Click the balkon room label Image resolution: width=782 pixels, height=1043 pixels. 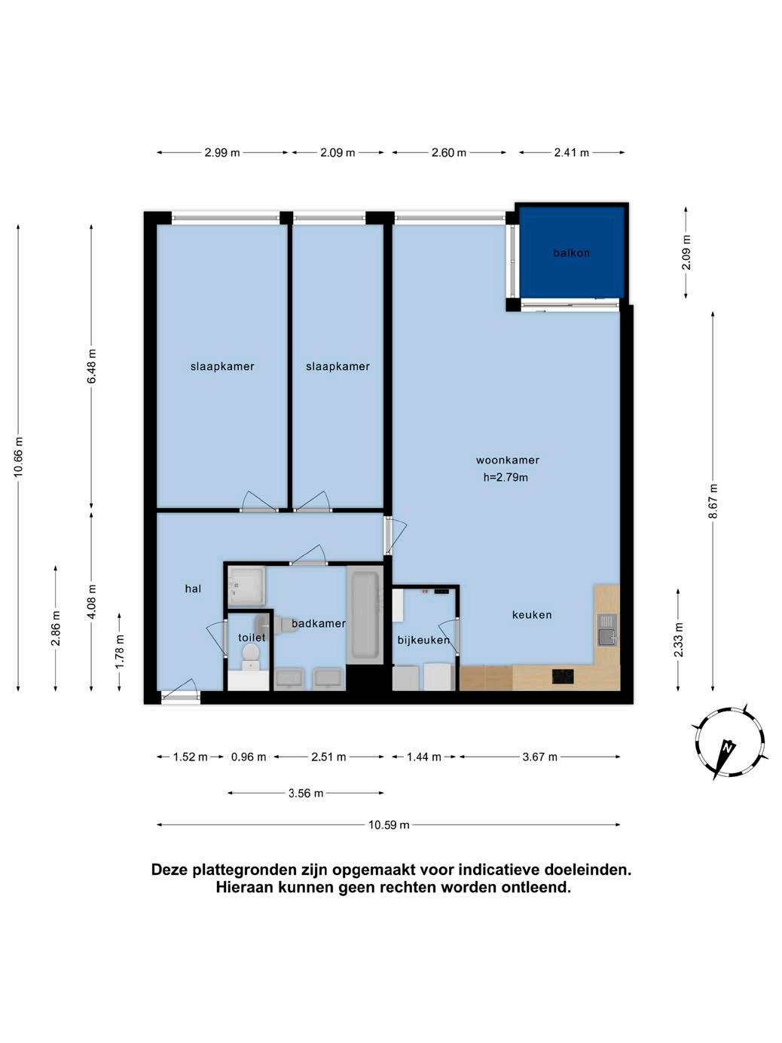tap(571, 253)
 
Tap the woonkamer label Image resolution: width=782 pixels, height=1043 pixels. tap(508, 460)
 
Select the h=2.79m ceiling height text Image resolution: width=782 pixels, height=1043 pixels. tap(506, 477)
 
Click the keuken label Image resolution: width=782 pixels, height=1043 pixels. tap(532, 615)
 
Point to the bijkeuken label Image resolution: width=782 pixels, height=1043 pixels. tap(423, 640)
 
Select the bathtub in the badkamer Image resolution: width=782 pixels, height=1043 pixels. tap(365, 614)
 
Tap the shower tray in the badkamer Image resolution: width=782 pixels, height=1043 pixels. tap(246, 586)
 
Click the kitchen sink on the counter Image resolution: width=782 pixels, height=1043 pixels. tap(607, 629)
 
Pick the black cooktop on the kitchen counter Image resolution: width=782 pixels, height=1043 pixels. tap(563, 676)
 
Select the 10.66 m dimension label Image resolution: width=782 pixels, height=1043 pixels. tap(19, 456)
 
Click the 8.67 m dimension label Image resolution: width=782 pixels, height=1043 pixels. tap(713, 501)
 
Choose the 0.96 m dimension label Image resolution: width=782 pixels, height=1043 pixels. tap(249, 757)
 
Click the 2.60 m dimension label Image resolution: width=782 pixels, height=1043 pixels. tap(449, 152)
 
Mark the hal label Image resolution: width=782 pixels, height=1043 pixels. tap(193, 589)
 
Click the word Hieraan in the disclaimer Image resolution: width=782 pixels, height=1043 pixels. tap(245, 887)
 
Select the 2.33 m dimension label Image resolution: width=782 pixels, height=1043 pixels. tap(679, 640)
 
